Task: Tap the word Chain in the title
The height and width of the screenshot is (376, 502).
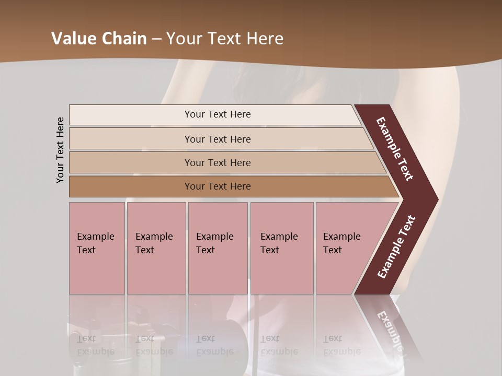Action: coord(124,39)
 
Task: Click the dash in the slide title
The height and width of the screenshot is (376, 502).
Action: coord(156,39)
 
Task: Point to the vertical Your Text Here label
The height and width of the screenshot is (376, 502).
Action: coord(60,150)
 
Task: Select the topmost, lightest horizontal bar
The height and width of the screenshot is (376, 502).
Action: coord(217,114)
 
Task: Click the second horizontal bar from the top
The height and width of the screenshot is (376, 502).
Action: coord(217,139)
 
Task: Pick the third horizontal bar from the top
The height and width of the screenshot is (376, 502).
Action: coord(217,162)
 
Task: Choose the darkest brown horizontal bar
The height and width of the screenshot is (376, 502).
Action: coord(217,186)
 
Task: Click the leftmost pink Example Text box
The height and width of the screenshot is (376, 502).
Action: coord(97,248)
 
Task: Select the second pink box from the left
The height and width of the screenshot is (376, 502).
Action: coord(156,248)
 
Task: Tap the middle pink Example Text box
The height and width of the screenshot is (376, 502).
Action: coord(218,248)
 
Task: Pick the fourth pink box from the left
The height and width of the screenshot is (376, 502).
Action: coord(281,248)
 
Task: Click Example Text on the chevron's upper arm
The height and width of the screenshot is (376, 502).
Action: coord(395,149)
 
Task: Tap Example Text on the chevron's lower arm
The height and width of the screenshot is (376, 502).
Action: coord(396,246)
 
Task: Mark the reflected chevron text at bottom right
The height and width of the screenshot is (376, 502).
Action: coord(390,329)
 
